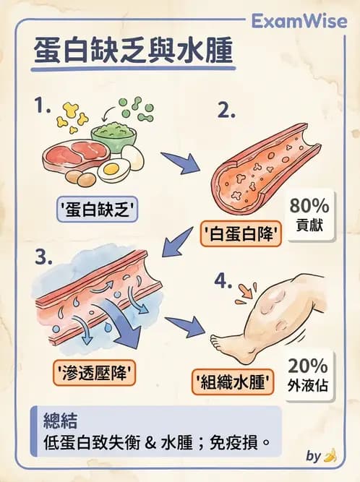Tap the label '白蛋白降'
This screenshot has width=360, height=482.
tap(240, 233)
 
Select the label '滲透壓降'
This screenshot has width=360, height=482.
tap(98, 373)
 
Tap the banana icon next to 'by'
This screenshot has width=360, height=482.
tap(331, 455)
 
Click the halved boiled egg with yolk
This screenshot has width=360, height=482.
tap(112, 171)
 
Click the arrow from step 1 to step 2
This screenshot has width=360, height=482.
tap(176, 163)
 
